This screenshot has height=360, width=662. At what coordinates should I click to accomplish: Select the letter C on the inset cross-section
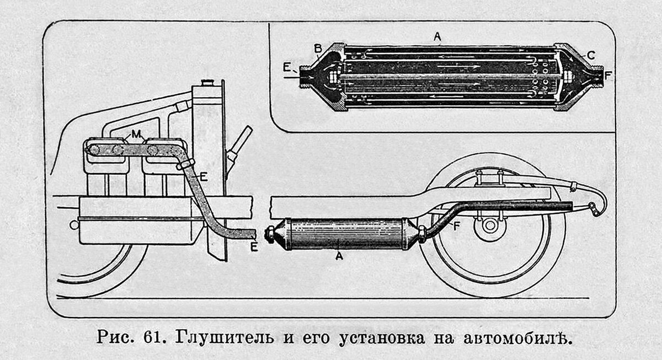pos(591,55)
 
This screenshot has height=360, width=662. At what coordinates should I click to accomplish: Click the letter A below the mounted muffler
pos(339,256)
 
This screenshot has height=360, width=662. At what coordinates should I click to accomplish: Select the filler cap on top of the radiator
pos(207,83)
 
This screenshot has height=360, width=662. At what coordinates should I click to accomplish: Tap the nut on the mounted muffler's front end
pos(270,234)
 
